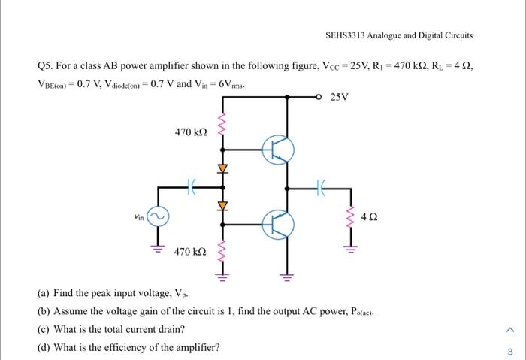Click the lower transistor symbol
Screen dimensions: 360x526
(x=279, y=222)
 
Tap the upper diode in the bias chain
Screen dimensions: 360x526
(x=222, y=167)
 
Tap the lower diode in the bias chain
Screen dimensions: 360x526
(x=222, y=204)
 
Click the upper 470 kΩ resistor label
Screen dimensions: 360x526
(x=190, y=132)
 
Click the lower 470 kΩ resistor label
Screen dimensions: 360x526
(x=190, y=252)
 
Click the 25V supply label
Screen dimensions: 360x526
(x=340, y=97)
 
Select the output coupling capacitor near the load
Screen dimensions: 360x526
(x=322, y=186)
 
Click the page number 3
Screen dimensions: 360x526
(x=509, y=351)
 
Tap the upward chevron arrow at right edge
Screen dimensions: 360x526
(x=509, y=328)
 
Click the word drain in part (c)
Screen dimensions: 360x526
(x=170, y=328)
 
